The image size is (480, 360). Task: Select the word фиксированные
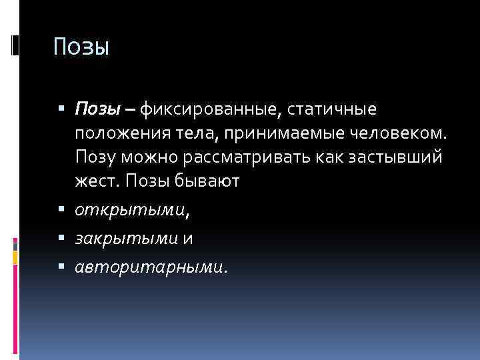205,107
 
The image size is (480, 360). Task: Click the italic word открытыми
130,211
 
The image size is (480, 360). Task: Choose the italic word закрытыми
125,239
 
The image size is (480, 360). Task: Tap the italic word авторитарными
149,267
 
